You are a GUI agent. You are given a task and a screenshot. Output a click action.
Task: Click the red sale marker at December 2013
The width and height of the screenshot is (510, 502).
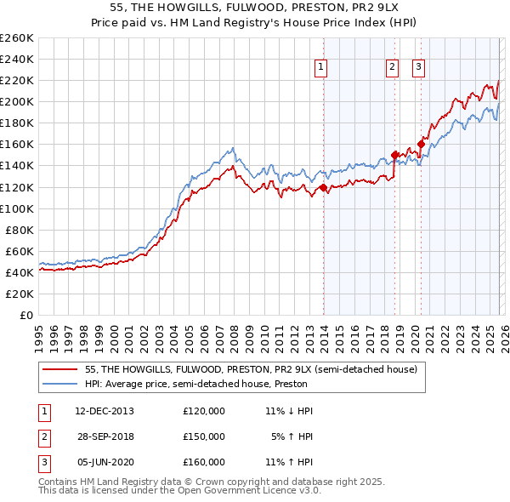323,187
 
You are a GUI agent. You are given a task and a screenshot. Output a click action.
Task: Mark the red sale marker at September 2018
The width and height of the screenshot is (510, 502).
394,155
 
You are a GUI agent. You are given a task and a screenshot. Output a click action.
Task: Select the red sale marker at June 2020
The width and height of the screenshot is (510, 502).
420,145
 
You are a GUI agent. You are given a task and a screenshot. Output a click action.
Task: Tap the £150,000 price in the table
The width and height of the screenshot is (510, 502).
203,436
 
